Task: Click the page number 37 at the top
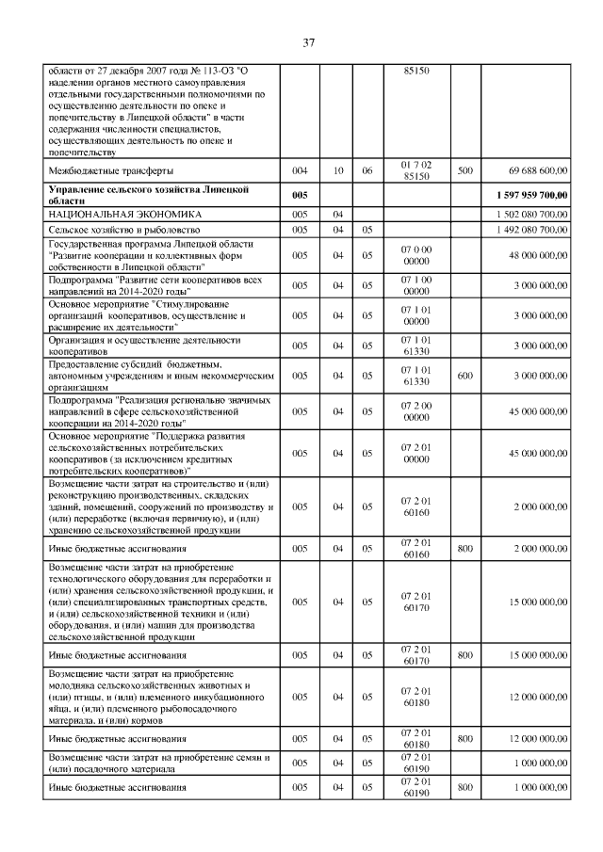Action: click(x=307, y=42)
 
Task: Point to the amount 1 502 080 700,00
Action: click(x=530, y=215)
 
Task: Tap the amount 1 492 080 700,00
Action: click(x=530, y=229)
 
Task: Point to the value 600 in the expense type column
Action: click(x=464, y=376)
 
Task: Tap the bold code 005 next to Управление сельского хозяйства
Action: click(x=300, y=195)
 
